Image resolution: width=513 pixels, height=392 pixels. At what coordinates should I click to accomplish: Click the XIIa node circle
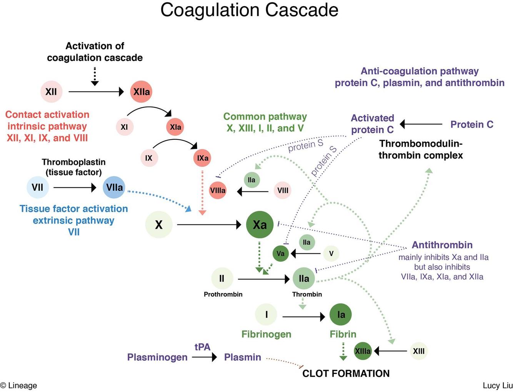click(141, 92)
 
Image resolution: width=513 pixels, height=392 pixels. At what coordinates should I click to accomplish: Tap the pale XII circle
click(51, 92)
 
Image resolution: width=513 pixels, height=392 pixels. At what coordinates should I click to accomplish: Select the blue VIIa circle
click(114, 188)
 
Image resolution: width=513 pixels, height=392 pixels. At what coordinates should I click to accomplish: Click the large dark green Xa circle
click(260, 224)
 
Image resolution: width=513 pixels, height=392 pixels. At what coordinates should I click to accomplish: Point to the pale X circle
click(159, 224)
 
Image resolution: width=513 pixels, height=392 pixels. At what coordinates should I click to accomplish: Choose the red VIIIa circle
click(218, 190)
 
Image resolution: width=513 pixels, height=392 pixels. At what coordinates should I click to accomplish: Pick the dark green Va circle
click(280, 253)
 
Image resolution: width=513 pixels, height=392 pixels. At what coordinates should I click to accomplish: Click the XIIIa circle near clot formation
click(363, 351)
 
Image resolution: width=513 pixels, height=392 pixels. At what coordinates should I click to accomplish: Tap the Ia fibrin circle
click(341, 315)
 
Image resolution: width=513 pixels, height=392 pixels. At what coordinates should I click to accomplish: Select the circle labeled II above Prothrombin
click(222, 278)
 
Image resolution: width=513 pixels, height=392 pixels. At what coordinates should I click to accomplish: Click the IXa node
click(202, 158)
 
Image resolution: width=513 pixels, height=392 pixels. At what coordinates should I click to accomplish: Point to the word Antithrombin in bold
click(442, 245)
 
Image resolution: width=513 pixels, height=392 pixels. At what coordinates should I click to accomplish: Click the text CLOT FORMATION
click(346, 374)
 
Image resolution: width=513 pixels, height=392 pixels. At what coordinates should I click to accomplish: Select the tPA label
click(202, 347)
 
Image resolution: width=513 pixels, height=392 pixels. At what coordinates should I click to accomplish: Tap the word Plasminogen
click(157, 357)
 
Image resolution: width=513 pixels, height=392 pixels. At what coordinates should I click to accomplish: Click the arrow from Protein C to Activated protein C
click(421, 124)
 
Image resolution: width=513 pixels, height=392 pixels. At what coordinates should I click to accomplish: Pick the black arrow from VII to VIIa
click(75, 188)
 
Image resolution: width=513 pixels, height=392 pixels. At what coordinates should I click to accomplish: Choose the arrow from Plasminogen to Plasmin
click(204, 357)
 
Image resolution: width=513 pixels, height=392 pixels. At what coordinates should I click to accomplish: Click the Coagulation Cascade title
click(249, 10)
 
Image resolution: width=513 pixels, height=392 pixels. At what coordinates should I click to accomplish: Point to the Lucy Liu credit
click(498, 385)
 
